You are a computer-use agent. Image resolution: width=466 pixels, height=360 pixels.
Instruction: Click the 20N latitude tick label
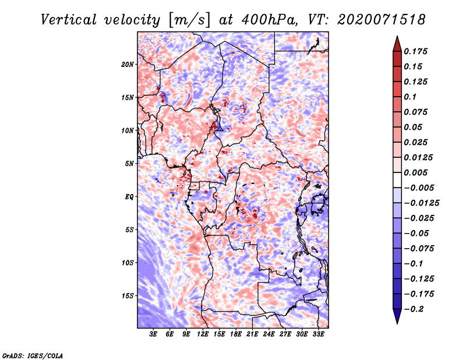[x=128, y=65]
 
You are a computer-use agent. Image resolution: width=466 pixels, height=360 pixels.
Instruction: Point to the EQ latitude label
[x=129, y=197]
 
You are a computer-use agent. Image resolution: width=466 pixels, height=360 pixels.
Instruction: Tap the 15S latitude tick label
[x=128, y=296]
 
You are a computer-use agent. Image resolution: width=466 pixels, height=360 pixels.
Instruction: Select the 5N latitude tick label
[x=129, y=164]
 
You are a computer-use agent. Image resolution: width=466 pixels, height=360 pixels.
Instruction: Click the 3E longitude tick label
[x=153, y=334]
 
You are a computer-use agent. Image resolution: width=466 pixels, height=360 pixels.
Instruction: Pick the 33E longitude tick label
[x=318, y=334]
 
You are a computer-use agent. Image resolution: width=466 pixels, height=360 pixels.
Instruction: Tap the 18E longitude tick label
[x=236, y=334]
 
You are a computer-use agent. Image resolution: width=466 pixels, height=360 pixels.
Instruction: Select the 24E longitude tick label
[x=269, y=334]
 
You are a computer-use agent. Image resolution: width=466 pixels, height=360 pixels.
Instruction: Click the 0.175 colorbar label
[x=415, y=51]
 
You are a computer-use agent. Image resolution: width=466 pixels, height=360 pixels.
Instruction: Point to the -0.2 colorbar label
[x=414, y=309]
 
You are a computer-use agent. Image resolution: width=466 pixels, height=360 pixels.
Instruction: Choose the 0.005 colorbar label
[x=415, y=172]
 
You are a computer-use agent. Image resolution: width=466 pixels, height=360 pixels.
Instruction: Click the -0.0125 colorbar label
[x=421, y=203]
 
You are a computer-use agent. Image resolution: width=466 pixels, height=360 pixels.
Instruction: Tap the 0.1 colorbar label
[x=410, y=97]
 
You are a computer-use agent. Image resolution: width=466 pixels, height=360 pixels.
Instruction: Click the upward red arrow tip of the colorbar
[x=397, y=36]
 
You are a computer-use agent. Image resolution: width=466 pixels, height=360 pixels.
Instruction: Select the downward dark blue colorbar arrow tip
[x=397, y=323]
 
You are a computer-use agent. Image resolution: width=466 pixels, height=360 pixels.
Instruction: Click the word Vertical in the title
[x=68, y=20]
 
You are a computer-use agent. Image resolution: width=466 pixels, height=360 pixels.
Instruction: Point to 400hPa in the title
[x=269, y=20]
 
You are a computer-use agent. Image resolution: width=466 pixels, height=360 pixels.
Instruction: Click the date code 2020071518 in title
[x=382, y=20]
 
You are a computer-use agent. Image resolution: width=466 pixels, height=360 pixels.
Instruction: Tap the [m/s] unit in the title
[x=189, y=20]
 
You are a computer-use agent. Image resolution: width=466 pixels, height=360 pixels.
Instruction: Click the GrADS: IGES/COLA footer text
[x=33, y=355]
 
